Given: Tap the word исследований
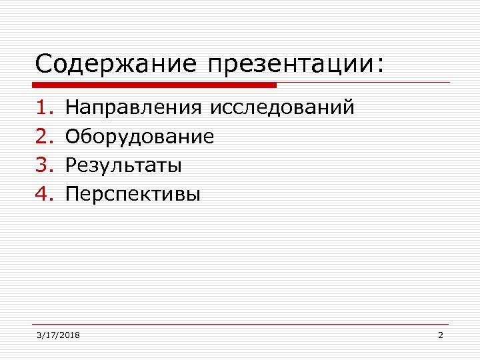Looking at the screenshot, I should coord(282,107).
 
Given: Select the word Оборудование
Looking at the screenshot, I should coord(140,137).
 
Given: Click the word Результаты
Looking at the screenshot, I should coord(123,165).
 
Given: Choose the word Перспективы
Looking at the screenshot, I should coord(133,195).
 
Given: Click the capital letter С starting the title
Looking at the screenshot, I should coord(43,65).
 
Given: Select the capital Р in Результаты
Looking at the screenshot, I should coord(70,165).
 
